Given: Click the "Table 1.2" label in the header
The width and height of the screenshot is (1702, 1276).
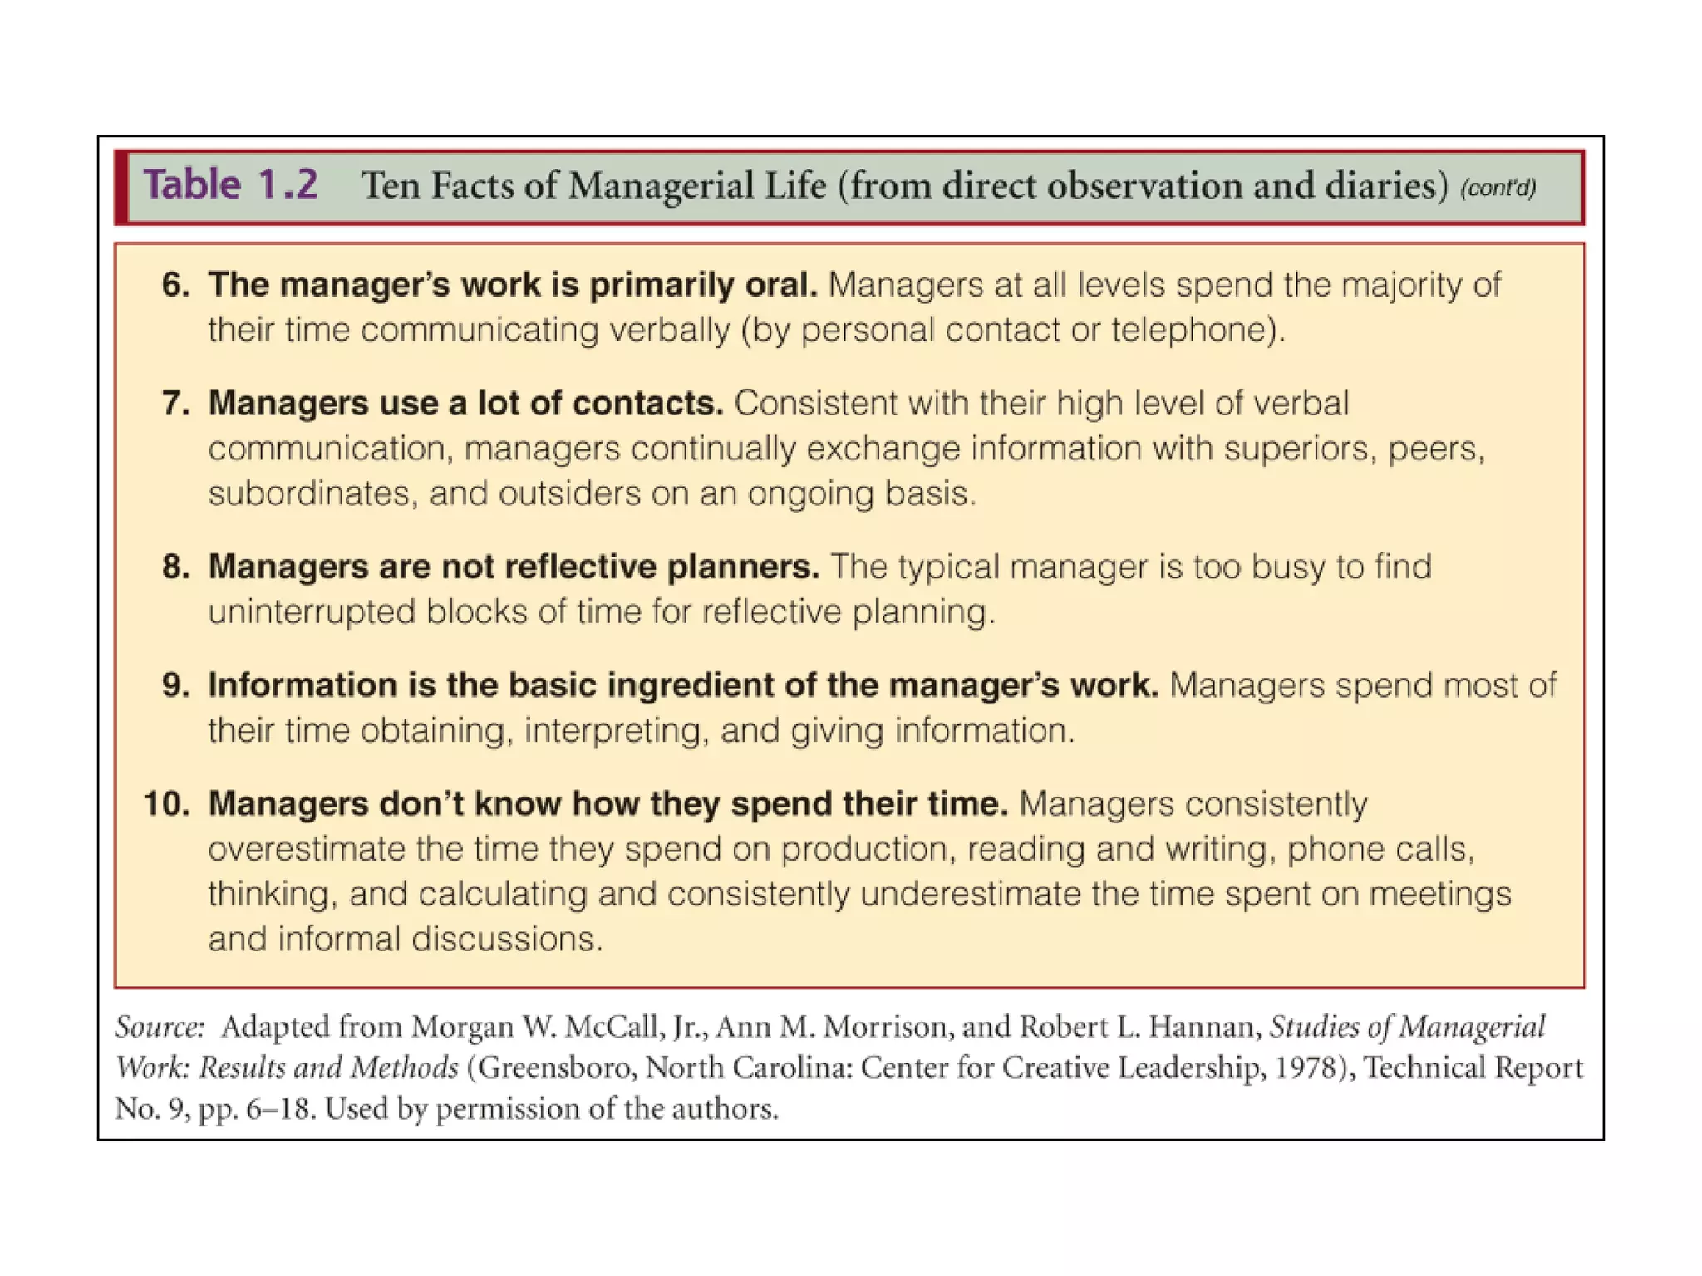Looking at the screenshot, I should pyautogui.click(x=230, y=184).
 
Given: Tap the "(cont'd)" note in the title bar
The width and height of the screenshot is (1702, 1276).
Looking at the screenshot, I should pyautogui.click(x=1498, y=188).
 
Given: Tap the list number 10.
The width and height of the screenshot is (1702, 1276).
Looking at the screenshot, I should pyautogui.click(x=166, y=804).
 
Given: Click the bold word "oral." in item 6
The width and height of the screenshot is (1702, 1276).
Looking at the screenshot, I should pyautogui.click(x=777, y=285).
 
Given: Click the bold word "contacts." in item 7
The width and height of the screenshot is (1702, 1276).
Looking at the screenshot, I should pyautogui.click(x=648, y=404).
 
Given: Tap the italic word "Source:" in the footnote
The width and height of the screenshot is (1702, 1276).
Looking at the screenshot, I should pyautogui.click(x=160, y=1028).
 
